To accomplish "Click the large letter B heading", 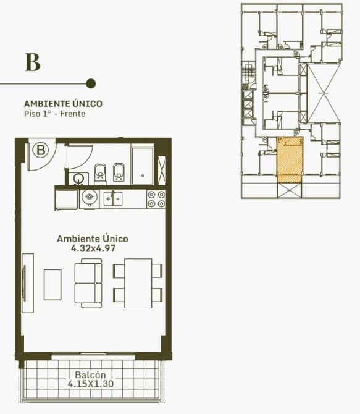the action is pos(33,62).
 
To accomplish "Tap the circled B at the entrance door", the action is pos(41,150).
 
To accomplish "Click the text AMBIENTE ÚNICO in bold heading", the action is pos(63,103).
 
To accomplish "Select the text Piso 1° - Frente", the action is pos(54,114).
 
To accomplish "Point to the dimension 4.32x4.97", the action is pos(93,248).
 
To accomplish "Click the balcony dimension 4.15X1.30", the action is pos(91,383).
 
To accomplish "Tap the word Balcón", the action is pos(90,374).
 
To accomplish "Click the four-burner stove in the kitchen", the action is pos(156,200).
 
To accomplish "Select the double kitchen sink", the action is pos(113,198).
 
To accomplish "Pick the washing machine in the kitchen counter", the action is pos(90,199).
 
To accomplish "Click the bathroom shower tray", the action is pos(142,166).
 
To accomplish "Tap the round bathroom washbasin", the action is pos(78,179).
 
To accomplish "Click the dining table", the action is pos(138,283).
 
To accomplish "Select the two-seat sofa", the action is pos(88,283).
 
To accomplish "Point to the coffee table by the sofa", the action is pos(52,285).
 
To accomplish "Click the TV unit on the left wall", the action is pos(28,283).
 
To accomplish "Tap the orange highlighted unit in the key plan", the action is pos(289,159).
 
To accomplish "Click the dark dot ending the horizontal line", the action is pos(91,83).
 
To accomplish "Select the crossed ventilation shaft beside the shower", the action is pos(162,171).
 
